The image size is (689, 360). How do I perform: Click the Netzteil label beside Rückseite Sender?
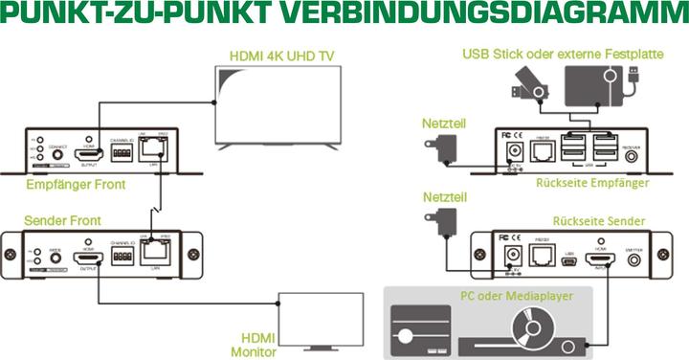441,195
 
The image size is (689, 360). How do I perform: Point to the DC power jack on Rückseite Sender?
511,257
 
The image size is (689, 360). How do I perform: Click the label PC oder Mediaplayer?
516,297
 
